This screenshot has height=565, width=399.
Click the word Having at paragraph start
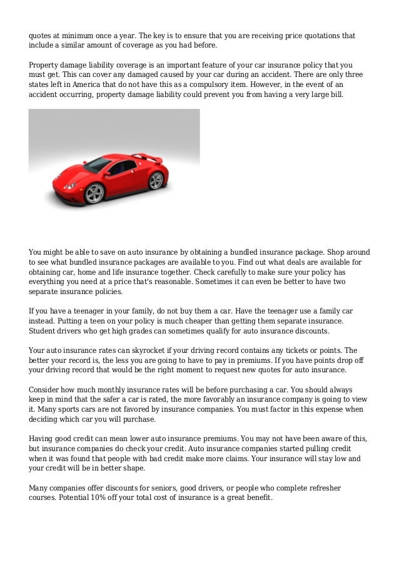click(44, 439)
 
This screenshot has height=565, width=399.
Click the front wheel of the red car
click(94, 193)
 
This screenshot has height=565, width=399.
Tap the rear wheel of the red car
click(156, 180)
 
